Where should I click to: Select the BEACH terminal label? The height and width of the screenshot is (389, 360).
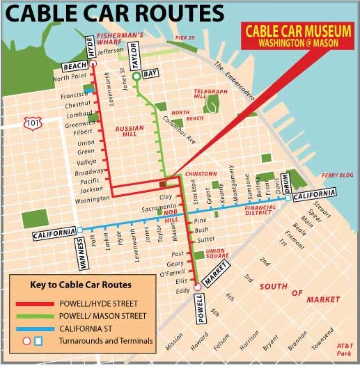click(74, 65)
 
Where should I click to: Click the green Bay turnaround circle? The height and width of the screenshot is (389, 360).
click(136, 77)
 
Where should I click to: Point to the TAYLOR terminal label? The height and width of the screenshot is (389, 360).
click(136, 53)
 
